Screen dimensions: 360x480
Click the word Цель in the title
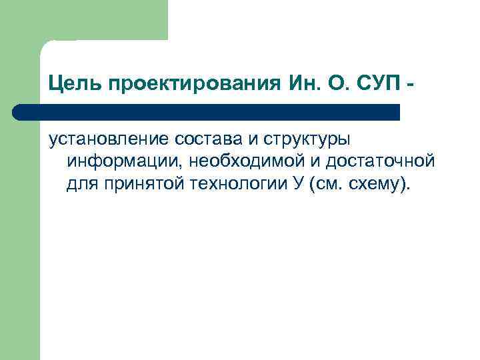click(69, 85)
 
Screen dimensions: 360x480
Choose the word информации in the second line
click(124, 161)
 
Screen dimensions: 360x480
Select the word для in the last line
click(81, 183)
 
